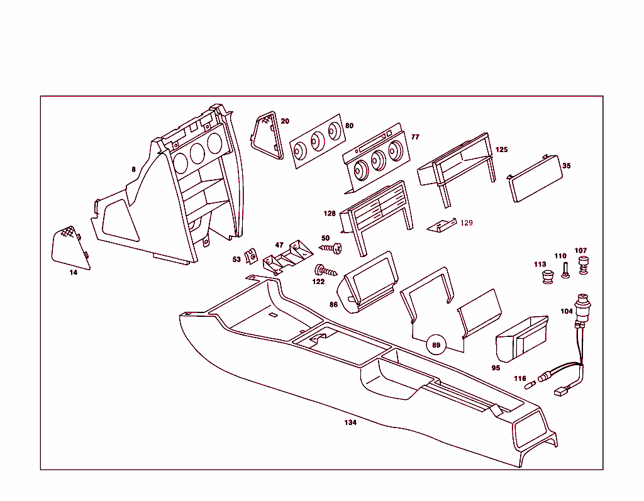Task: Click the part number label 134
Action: tap(350, 422)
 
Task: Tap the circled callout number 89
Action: tap(435, 344)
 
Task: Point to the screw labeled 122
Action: tap(326, 271)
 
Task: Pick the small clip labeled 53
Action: tap(250, 256)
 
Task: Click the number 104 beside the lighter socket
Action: tap(567, 311)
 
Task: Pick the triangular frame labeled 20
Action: tap(266, 135)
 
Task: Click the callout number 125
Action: tap(501, 150)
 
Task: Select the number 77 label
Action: tap(415, 137)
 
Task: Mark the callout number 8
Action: tap(133, 169)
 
